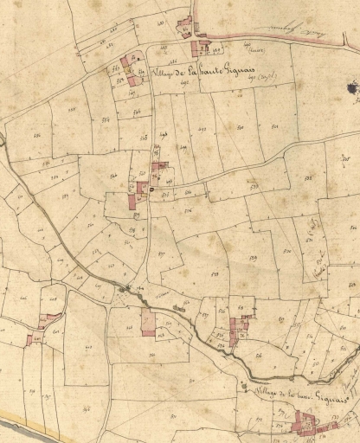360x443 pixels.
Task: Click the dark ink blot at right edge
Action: pos(352,87)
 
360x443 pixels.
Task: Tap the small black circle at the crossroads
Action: pos(153,189)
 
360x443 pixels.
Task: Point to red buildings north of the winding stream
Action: pos(238,329)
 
